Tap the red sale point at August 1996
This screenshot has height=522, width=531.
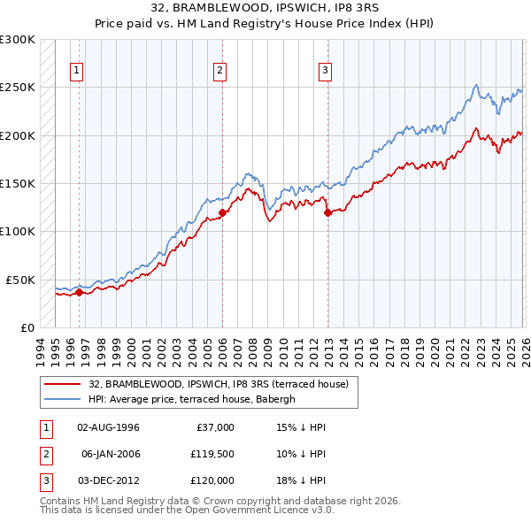[x=79, y=292]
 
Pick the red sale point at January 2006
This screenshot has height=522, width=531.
[x=222, y=212]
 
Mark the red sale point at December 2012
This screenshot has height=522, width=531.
[x=327, y=212]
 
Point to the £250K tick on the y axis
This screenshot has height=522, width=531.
[x=18, y=88]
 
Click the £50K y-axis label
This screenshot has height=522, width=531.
[x=21, y=280]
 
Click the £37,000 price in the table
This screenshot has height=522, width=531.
[x=215, y=427]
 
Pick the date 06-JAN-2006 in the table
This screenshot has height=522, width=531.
[x=110, y=454]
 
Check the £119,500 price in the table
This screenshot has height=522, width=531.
[x=212, y=454]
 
